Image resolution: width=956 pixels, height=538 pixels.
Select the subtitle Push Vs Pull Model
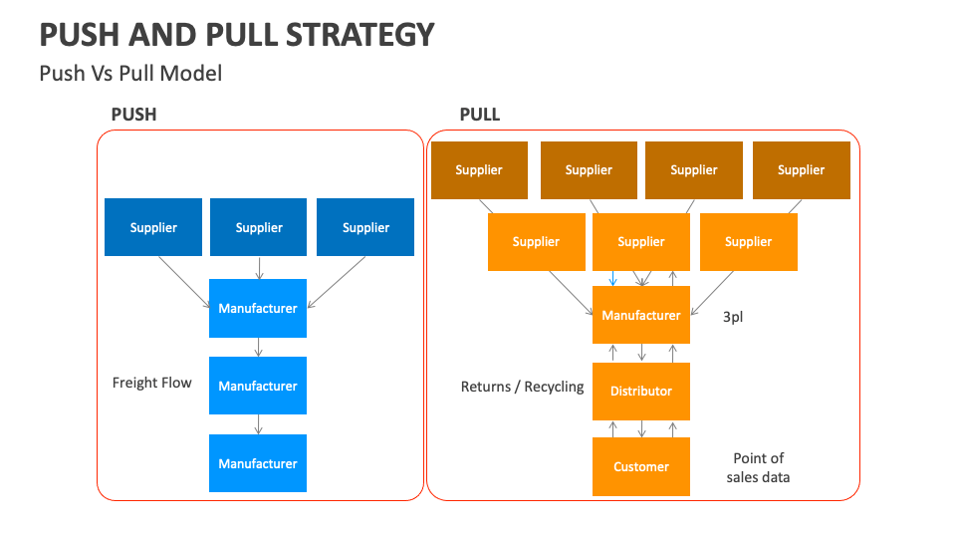[x=130, y=73]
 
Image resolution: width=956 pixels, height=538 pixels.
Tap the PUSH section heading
[x=133, y=115]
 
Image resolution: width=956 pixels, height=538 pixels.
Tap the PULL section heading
[x=479, y=115]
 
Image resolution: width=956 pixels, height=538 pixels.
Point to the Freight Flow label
[x=151, y=383]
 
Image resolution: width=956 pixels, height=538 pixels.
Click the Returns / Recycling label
[x=522, y=387]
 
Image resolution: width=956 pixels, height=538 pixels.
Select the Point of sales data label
[x=759, y=467]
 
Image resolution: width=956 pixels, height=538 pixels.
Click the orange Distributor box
[x=640, y=392]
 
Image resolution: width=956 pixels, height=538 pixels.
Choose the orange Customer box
[x=640, y=467]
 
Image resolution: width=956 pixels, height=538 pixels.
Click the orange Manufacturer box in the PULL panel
[x=640, y=316]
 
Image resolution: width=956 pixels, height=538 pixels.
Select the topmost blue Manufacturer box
[x=258, y=309]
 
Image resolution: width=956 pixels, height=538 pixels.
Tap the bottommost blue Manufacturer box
[x=258, y=463]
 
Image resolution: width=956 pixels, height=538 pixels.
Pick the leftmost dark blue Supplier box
[x=153, y=227]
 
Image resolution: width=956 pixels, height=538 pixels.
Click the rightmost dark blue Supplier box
[x=365, y=227]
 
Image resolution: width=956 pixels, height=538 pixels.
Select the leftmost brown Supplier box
[x=479, y=170]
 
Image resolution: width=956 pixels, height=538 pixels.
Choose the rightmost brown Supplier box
[x=801, y=170]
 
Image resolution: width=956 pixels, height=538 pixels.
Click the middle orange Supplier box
[x=640, y=242]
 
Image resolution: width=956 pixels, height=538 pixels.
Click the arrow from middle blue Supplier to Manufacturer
[x=259, y=268]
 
